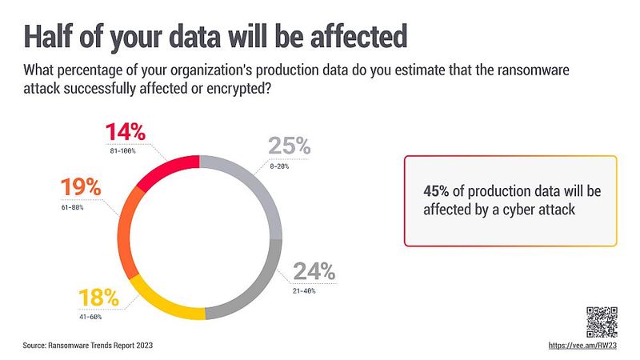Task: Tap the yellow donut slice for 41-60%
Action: coord(164,300)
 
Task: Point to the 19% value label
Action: coord(82,189)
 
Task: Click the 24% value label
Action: coord(317,271)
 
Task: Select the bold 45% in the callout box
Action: coord(436,192)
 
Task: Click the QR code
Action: coord(602,322)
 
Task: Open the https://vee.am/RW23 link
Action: coord(585,346)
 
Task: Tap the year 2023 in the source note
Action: coord(142,346)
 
